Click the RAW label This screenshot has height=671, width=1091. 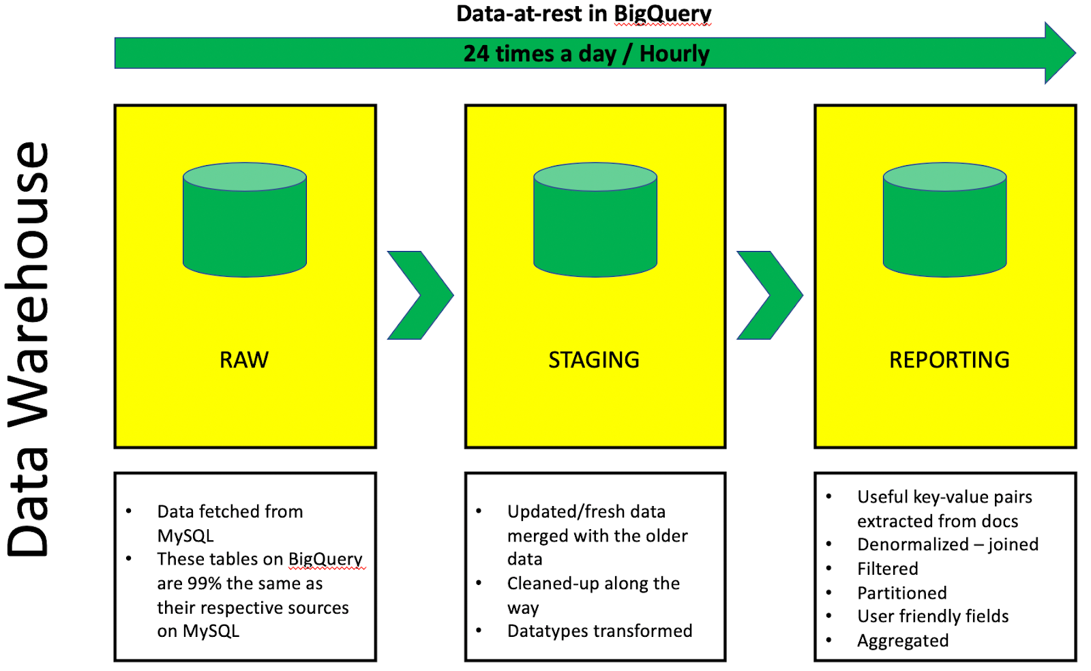[x=244, y=359]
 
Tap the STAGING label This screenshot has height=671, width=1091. [x=594, y=359]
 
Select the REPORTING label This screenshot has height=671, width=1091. [x=948, y=359]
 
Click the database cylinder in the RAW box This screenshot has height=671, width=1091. [x=245, y=220]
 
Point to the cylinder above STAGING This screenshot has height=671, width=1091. [x=595, y=220]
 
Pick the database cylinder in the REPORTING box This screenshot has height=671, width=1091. [x=944, y=220]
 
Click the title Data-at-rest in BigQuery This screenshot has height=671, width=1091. [x=584, y=14]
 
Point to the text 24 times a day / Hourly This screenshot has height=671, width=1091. [x=586, y=53]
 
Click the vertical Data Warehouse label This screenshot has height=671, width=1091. [x=29, y=349]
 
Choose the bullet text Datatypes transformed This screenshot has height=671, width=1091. [x=599, y=631]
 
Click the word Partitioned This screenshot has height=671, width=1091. [x=901, y=593]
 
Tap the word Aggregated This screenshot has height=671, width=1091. [x=903, y=640]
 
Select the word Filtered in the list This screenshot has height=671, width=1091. [x=887, y=569]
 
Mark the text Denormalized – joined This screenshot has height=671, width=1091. [x=948, y=544]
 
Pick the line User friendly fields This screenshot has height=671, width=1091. [x=933, y=616]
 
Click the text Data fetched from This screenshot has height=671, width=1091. [x=230, y=511]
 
